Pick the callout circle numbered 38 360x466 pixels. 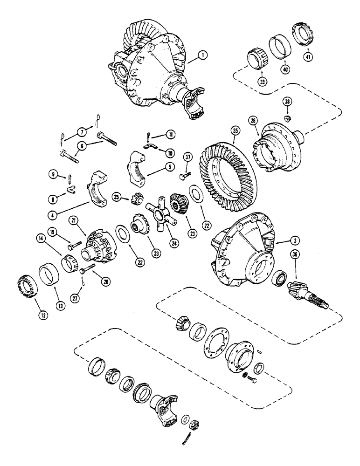(x=288, y=101)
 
